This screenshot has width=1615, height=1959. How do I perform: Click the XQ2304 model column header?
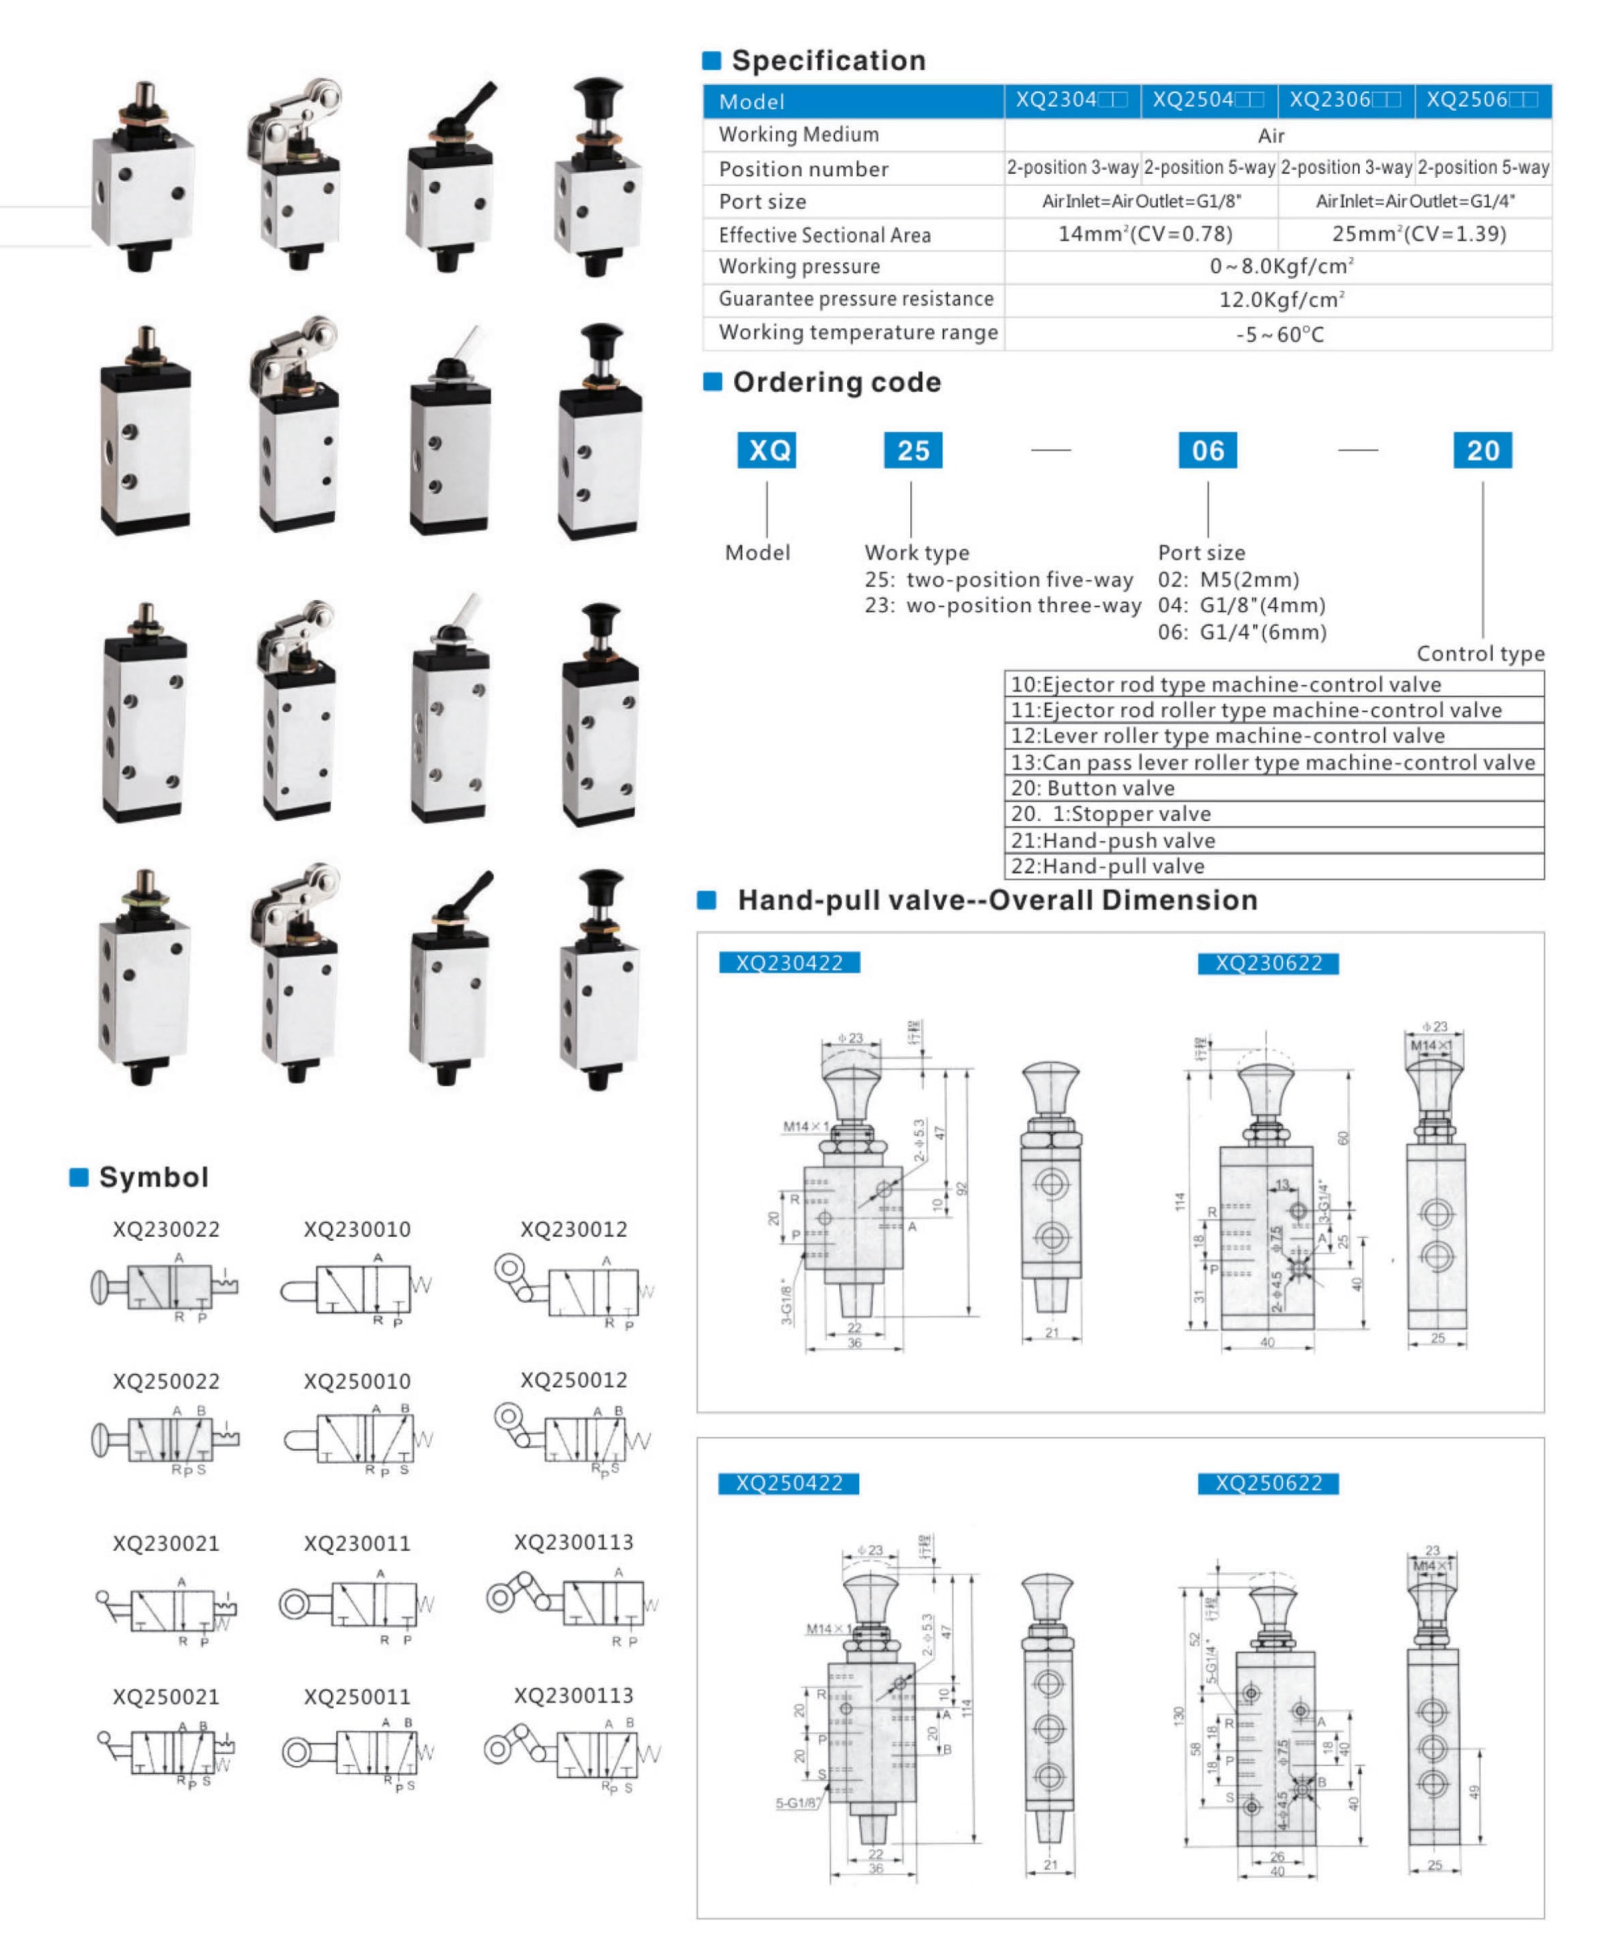pos(1071,100)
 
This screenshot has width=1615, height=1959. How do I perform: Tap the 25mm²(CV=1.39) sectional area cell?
pos(1418,233)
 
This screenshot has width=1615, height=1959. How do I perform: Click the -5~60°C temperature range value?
pos(1279,334)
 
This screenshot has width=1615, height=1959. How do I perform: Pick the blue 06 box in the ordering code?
pos(1206,451)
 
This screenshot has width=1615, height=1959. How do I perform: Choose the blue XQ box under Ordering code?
pos(767,451)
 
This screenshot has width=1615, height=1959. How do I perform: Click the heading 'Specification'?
pos(828,61)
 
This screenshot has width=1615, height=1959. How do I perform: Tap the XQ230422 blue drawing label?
pos(789,962)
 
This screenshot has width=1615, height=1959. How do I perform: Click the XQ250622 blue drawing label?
pos(1268,1482)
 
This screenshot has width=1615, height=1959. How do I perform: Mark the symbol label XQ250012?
pos(573,1380)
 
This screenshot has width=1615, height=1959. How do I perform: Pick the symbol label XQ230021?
pos(166,1543)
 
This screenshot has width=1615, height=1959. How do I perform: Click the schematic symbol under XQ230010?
pos(357,1289)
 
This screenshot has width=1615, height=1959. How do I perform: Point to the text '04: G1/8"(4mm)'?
pos(1241,605)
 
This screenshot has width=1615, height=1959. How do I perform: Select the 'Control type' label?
pos(1479,654)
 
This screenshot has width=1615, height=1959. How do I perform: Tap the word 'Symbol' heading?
pos(153,1177)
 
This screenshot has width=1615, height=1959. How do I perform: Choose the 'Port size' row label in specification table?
pos(762,202)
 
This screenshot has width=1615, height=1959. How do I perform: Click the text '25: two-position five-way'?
pos(998,579)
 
